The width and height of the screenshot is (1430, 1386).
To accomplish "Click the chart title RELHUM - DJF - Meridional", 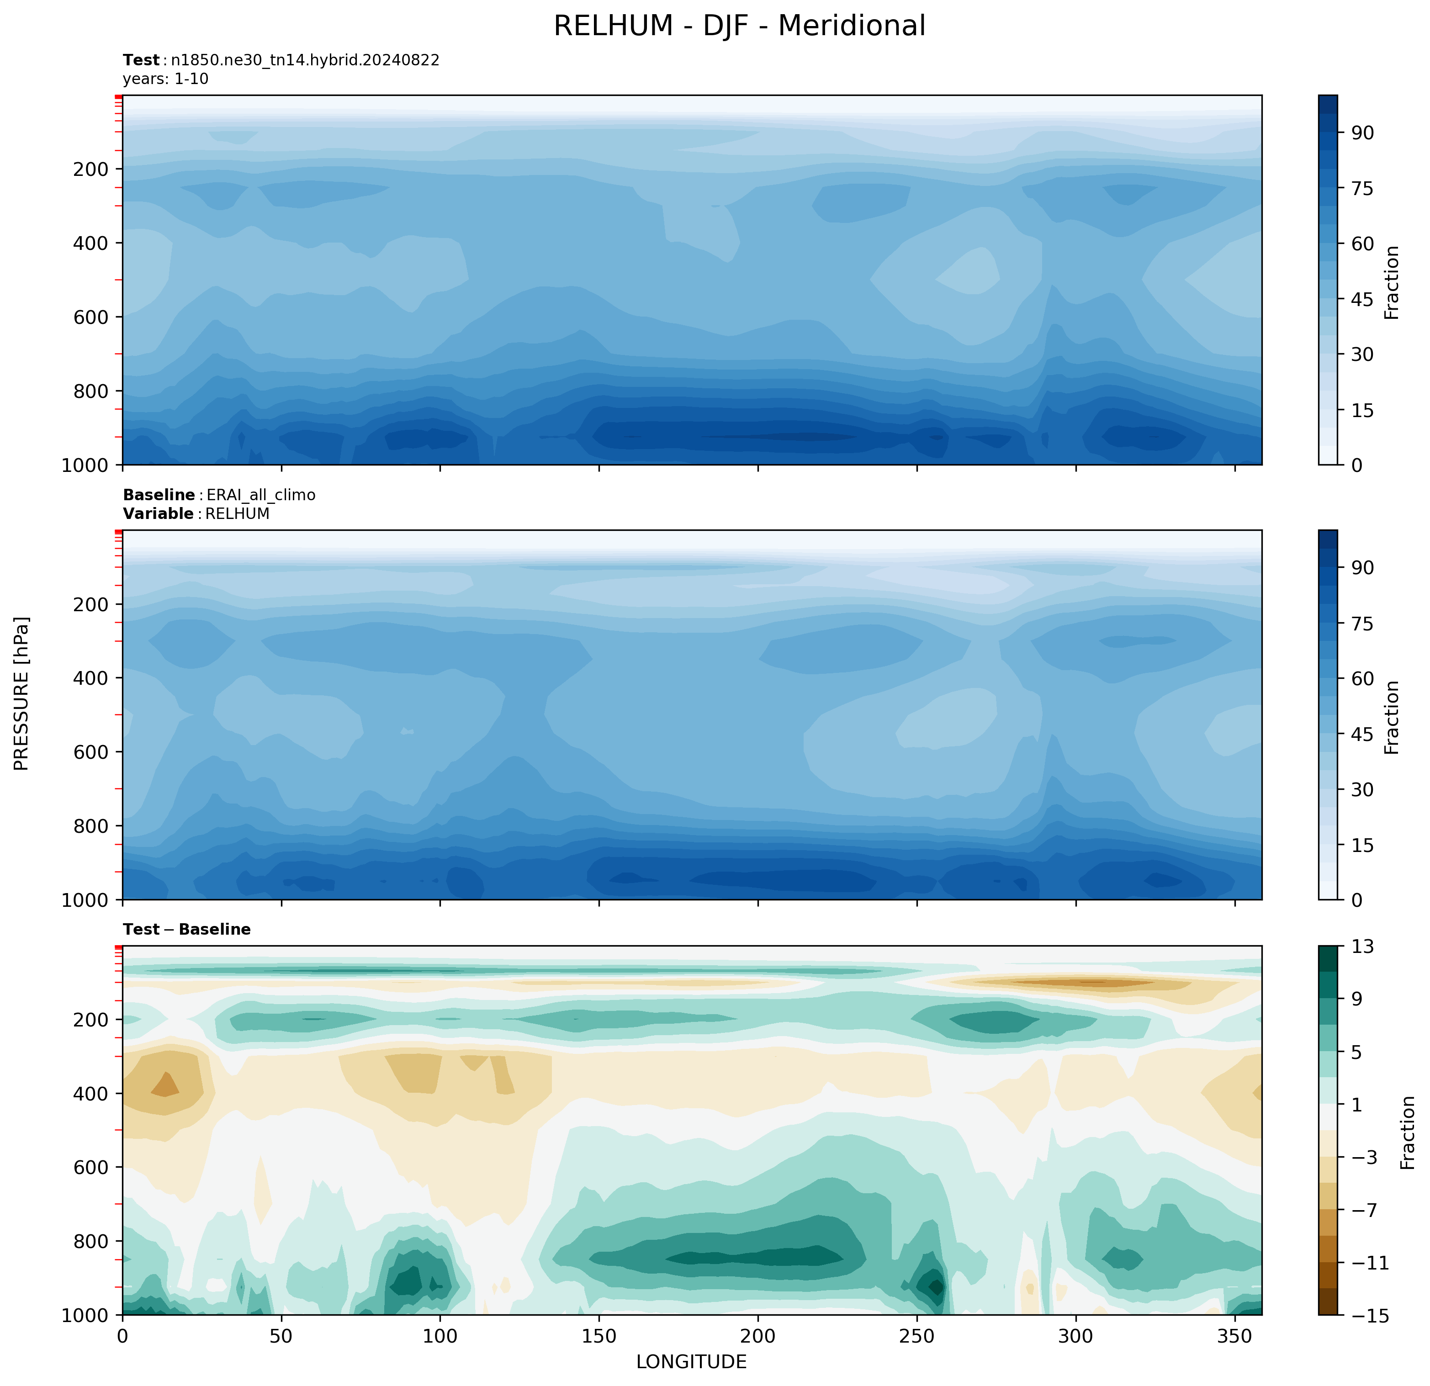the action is click(x=739, y=26).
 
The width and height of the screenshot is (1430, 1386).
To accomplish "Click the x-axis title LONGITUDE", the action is click(x=691, y=1362).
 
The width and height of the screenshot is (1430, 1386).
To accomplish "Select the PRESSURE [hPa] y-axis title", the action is click(x=22, y=694).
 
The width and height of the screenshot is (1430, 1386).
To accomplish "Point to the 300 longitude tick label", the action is click(x=1075, y=1336).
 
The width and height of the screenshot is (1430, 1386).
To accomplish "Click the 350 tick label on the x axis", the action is click(x=1234, y=1336).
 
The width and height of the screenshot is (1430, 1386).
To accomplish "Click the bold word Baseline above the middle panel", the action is click(x=159, y=495).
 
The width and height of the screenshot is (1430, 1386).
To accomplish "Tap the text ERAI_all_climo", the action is click(x=261, y=495).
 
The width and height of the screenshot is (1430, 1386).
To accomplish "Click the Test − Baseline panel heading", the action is click(x=187, y=929).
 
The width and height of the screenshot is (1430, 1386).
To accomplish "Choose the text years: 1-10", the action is click(x=166, y=79).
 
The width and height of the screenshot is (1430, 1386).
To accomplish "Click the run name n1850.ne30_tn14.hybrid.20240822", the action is click(x=305, y=60).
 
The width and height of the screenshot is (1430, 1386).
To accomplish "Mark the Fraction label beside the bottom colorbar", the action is click(x=1408, y=1132).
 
